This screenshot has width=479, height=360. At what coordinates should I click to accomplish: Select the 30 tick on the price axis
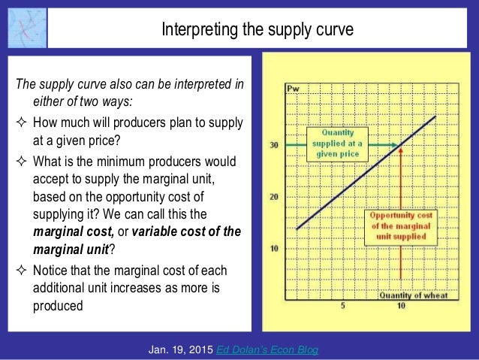point(274,145)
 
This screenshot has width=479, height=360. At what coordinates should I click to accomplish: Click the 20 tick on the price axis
point(274,196)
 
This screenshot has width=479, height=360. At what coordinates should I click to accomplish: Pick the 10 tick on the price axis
point(274,248)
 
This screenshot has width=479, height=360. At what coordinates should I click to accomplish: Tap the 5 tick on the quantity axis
point(342,306)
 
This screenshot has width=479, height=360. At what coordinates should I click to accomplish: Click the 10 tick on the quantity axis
point(402,306)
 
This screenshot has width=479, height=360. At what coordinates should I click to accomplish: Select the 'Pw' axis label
point(294,91)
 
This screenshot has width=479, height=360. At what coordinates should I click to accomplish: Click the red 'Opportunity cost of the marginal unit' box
point(399,225)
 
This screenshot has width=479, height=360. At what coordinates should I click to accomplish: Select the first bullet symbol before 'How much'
point(21,123)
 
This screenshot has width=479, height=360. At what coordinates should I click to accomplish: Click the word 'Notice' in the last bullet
point(50,271)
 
